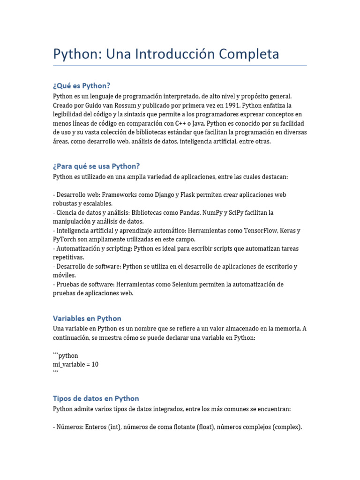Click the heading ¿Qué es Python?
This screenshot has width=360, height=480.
click(82, 85)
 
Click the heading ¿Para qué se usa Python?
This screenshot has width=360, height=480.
click(97, 166)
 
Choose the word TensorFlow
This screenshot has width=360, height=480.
click(264, 231)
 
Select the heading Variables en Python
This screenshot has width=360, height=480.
click(87, 318)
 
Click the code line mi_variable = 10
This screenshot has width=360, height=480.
click(76, 364)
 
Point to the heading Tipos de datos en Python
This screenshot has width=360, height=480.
click(96, 398)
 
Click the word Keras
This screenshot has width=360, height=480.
click(291, 231)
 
